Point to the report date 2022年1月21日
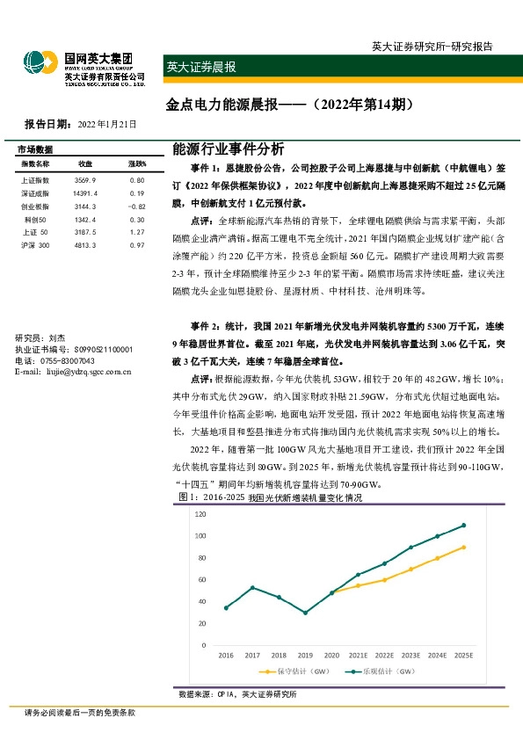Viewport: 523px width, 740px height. (x=107, y=125)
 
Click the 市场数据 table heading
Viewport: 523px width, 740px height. (x=36, y=149)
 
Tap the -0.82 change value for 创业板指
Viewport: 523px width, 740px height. (x=135, y=206)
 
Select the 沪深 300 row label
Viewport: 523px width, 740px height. (x=36, y=245)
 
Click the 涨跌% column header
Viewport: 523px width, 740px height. (x=137, y=164)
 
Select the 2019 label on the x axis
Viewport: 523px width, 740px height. (x=306, y=655)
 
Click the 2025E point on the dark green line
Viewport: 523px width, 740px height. (x=463, y=526)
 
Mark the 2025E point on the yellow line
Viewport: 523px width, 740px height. (x=463, y=547)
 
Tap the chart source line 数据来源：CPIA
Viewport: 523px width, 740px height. (x=206, y=694)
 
